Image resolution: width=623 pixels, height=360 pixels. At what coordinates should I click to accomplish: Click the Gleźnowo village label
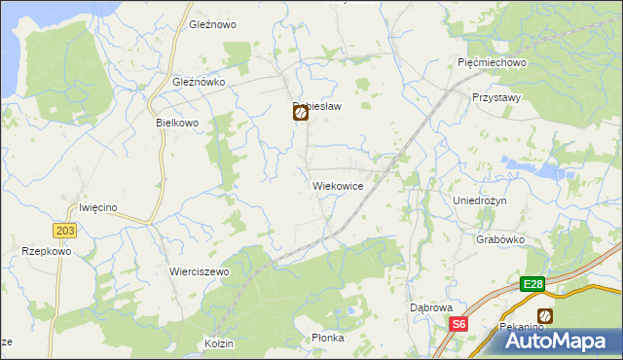click(x=213, y=24)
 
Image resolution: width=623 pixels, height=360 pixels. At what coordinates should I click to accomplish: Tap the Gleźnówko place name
click(x=199, y=83)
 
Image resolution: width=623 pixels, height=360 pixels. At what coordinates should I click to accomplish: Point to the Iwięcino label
click(x=98, y=207)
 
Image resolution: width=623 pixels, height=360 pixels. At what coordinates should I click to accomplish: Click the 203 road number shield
click(x=65, y=230)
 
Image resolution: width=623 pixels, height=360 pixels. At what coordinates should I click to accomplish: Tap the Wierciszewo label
click(x=199, y=271)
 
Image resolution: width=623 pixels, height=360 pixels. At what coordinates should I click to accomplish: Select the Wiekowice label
click(x=338, y=185)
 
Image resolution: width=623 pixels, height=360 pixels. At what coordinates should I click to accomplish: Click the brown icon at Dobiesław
click(x=301, y=113)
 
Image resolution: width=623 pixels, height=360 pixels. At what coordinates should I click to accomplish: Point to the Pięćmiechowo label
click(x=492, y=62)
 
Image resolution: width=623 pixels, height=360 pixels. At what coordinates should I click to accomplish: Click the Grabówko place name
click(x=501, y=239)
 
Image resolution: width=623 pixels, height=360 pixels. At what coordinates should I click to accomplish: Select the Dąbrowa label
click(x=430, y=307)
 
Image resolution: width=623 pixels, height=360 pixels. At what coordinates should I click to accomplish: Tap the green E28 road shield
click(x=531, y=284)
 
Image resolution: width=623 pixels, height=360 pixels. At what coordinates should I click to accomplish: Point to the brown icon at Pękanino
click(x=545, y=315)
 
